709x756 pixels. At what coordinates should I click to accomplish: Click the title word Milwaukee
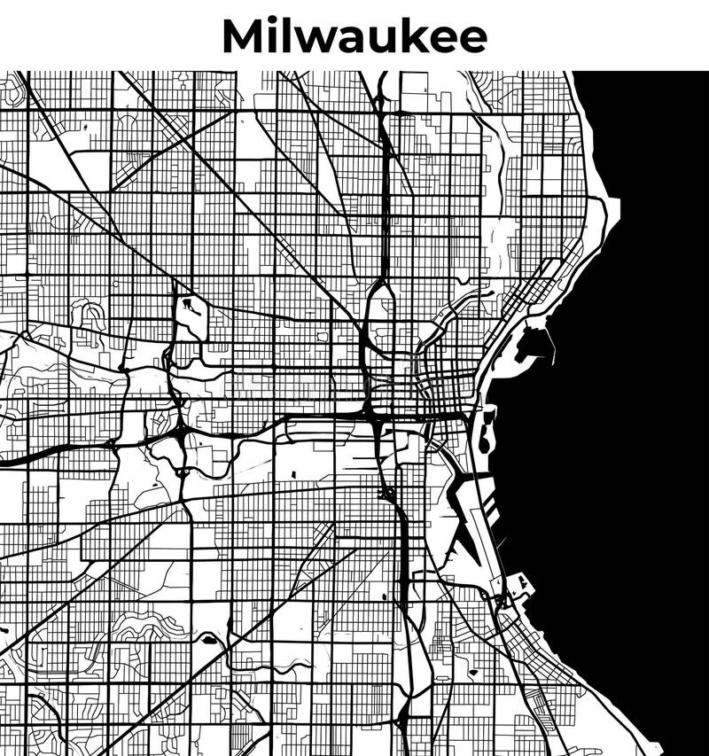click(x=354, y=36)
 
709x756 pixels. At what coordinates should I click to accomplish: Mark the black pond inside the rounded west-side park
click(x=190, y=308)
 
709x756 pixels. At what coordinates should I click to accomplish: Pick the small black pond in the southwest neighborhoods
click(x=209, y=638)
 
